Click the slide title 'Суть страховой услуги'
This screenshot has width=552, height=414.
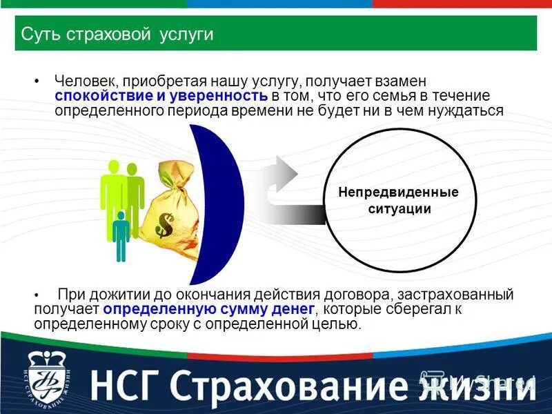[117, 34]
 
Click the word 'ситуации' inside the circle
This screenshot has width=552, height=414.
[399, 208]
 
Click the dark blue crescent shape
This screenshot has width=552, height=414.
[221, 200]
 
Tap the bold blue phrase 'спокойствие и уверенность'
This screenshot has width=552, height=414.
[161, 96]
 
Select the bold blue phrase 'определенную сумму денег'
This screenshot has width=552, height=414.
[210, 309]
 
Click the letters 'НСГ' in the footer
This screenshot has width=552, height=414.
[135, 382]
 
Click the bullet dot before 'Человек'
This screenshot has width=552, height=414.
[37, 81]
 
